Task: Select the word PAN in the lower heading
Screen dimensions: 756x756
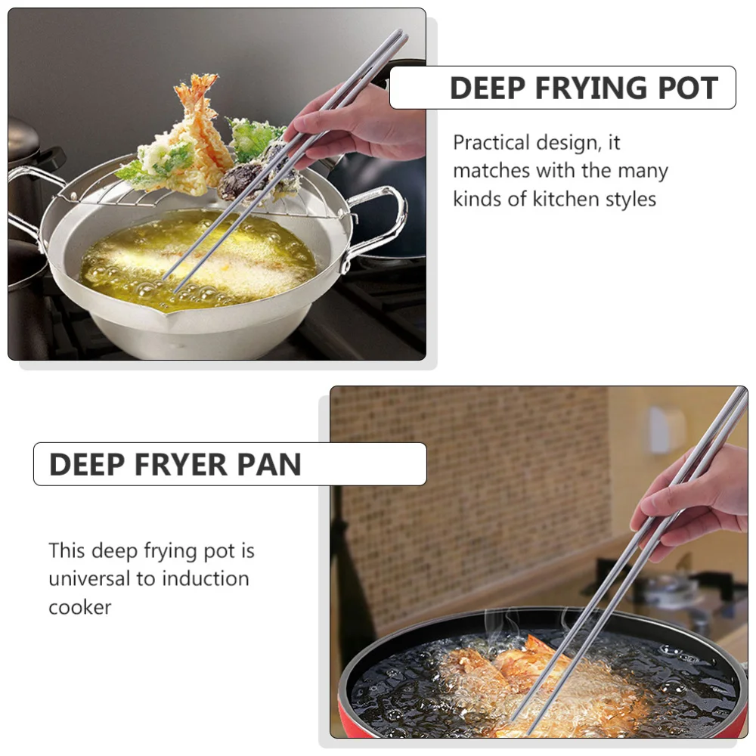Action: pyautogui.click(x=269, y=464)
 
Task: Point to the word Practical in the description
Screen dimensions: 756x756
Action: pyautogui.click(x=491, y=142)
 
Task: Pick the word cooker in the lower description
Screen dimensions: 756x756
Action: pyautogui.click(x=79, y=607)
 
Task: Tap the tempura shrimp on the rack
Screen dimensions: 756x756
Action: pyautogui.click(x=199, y=121)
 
